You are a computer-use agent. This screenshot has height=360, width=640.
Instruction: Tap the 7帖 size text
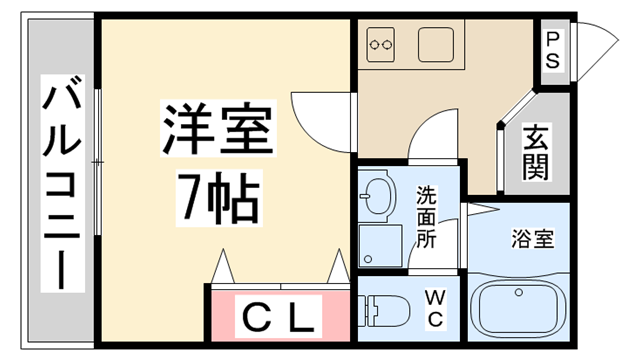(x=218, y=199)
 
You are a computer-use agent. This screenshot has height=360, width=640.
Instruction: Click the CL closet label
(x=279, y=318)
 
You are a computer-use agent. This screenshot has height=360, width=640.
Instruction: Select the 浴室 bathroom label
(x=533, y=240)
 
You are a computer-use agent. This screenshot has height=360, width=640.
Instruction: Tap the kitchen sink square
(x=436, y=43)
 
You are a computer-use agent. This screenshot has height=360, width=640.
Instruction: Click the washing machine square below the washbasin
(x=378, y=244)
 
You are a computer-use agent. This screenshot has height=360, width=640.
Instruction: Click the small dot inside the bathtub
(x=519, y=293)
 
